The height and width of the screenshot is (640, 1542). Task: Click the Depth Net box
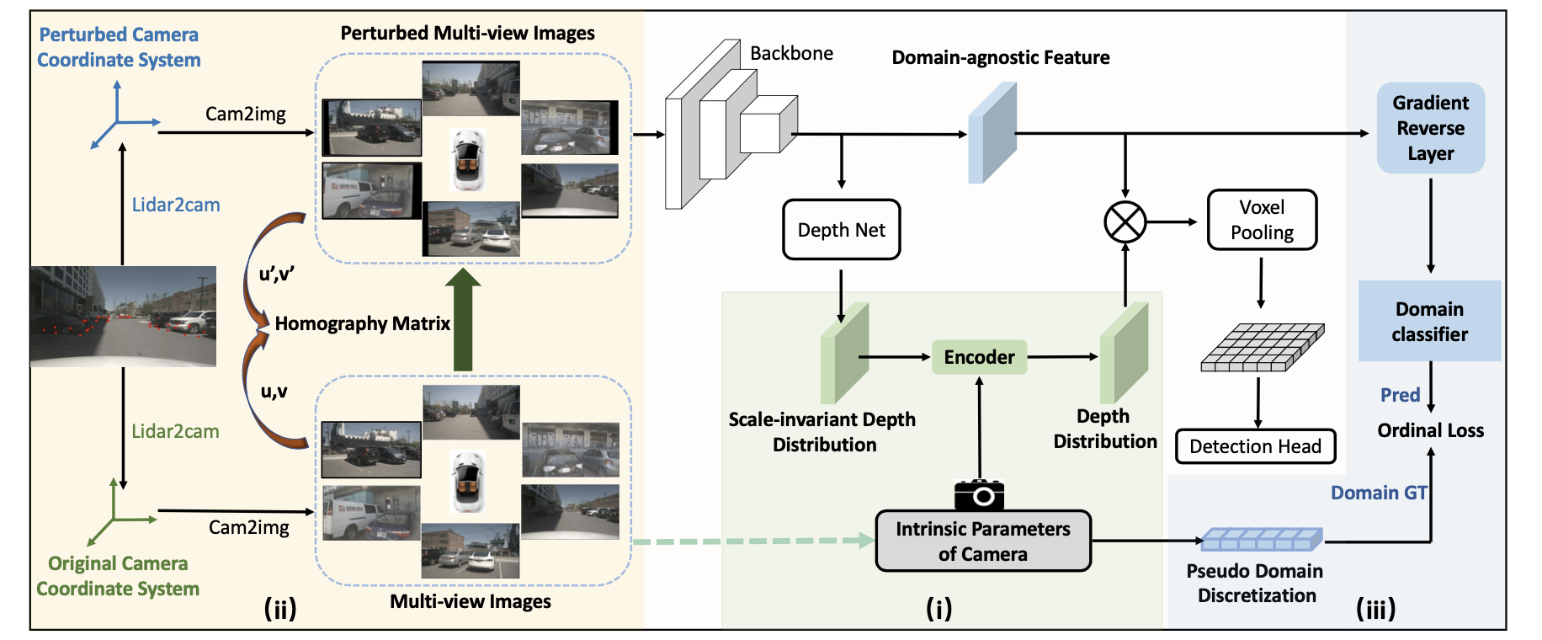[x=842, y=229]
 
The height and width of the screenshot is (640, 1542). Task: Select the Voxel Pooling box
[x=1262, y=220]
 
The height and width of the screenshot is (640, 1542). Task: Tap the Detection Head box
[x=1255, y=446]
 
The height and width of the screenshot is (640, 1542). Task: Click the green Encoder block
[x=979, y=357]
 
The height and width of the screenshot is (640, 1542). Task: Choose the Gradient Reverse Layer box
[x=1431, y=128]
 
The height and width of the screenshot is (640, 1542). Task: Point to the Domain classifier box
[x=1430, y=321]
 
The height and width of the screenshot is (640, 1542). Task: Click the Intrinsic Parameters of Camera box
[x=983, y=541]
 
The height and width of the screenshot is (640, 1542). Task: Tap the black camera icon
[x=980, y=494]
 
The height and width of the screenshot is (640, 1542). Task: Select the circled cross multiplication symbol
[x=1125, y=222]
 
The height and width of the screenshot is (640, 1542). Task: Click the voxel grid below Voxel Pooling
[x=1263, y=347]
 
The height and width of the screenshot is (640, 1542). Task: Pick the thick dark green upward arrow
[x=462, y=319]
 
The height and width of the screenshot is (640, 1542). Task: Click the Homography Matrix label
[x=363, y=323]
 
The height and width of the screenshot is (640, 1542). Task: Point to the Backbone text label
[x=791, y=53]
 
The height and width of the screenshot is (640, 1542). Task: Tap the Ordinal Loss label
[x=1431, y=430]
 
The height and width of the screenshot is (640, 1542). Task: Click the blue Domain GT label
[x=1379, y=493]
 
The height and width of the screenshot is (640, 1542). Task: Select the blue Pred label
[x=1401, y=395]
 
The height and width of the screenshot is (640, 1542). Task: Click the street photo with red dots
[x=123, y=317]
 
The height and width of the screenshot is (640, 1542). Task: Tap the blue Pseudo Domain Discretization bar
[x=1262, y=539]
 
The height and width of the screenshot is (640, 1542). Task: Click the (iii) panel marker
[x=1376, y=608]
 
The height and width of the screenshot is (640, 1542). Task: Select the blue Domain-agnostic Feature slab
[x=992, y=133]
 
